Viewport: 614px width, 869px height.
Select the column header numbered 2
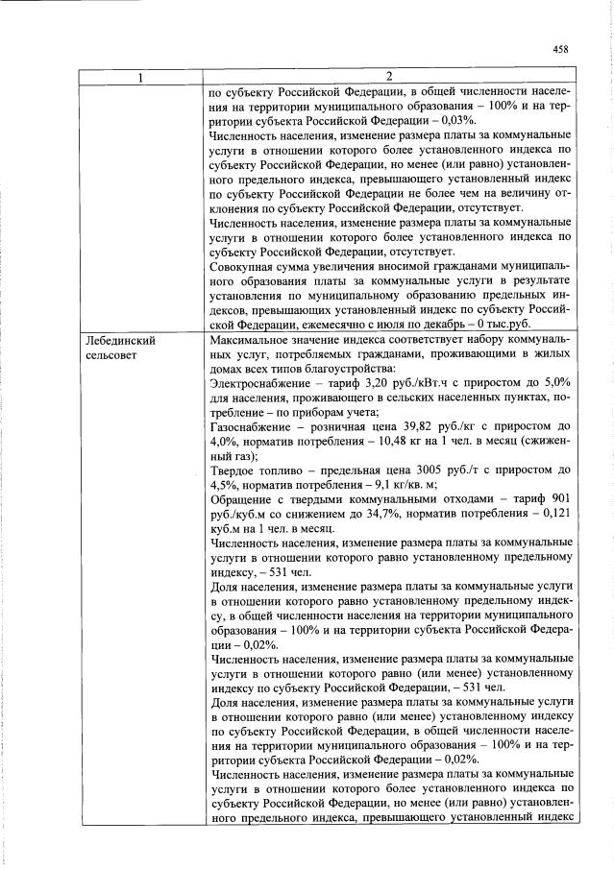tap(389, 77)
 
